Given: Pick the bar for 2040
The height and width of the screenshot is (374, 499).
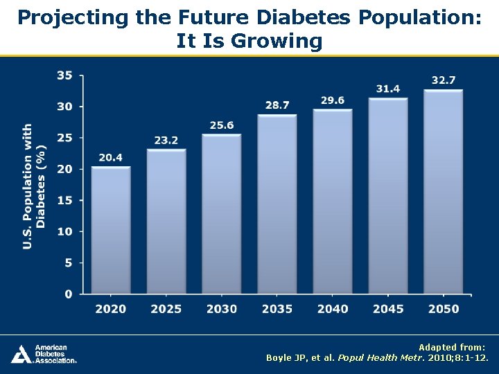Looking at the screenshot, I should pyautogui.click(x=333, y=202).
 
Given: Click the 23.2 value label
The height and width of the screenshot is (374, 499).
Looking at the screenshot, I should pyautogui.click(x=166, y=141).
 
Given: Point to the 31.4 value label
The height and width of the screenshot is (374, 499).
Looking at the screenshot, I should pyautogui.click(x=388, y=89).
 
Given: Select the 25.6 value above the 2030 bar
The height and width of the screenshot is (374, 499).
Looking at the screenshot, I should pyautogui.click(x=222, y=125).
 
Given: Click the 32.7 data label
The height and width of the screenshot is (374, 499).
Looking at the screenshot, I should pyautogui.click(x=444, y=80).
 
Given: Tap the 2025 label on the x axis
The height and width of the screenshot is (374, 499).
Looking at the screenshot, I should pyautogui.click(x=166, y=309).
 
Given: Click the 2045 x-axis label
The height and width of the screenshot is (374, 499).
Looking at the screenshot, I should pyautogui.click(x=388, y=309).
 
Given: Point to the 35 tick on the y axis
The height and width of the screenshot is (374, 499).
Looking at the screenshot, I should pyautogui.click(x=64, y=75).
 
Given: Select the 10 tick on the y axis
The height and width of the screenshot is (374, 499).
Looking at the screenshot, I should pyautogui.click(x=64, y=231).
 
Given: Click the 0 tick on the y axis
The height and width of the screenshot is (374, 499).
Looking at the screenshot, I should pyautogui.click(x=68, y=294).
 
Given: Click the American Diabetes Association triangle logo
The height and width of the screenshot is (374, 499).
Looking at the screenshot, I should pyautogui.click(x=20, y=354).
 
